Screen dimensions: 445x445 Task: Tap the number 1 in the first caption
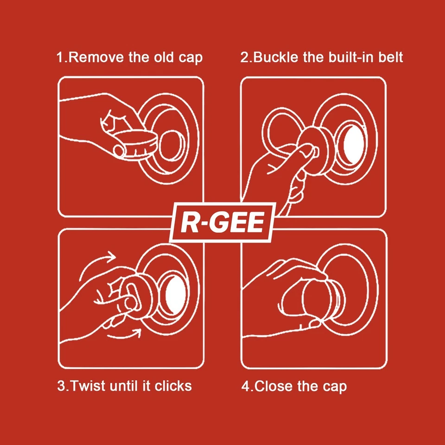59,57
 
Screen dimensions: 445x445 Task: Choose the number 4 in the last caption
244,386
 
